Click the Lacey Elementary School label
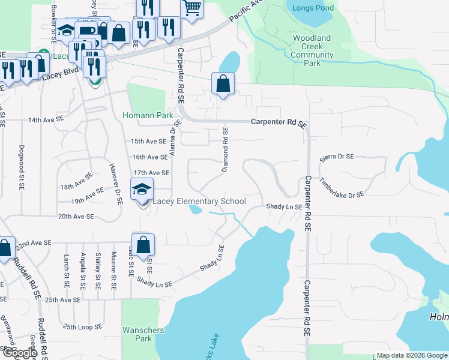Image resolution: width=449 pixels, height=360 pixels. click(x=199, y=202)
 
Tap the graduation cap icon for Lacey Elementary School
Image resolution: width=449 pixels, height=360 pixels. click(x=142, y=190)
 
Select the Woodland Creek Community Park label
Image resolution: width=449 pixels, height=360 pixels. click(x=312, y=50)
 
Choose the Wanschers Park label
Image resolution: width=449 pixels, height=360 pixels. click(x=137, y=334)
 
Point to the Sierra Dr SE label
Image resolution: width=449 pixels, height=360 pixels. click(x=337, y=157)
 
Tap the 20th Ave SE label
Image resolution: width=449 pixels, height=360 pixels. click(x=76, y=216)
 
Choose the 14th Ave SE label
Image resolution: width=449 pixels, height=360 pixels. click(x=46, y=120)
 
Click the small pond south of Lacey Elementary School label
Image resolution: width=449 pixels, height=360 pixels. click(x=195, y=210)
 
